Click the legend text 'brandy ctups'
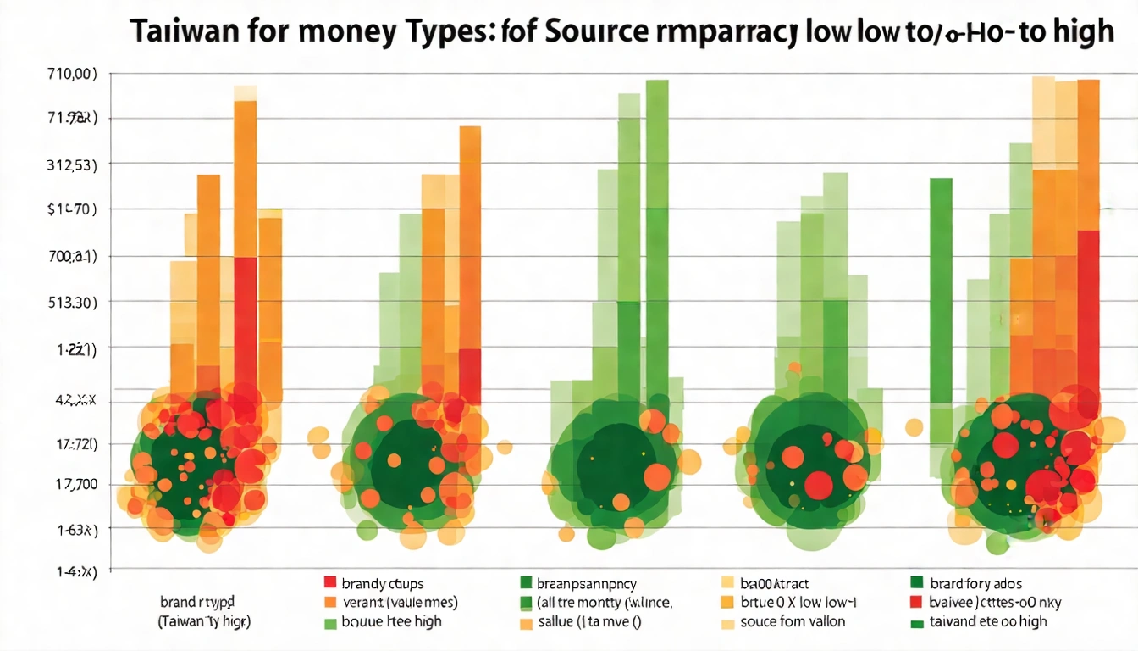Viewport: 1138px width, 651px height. point(383,583)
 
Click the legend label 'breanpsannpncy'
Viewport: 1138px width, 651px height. point(587,583)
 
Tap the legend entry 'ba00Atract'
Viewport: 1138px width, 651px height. point(775,583)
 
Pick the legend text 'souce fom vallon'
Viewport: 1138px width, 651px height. point(793,622)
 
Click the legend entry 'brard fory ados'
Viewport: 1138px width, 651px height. point(975,583)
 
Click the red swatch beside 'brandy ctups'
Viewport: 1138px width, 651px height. point(331,582)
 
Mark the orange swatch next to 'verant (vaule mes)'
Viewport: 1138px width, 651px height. point(331,603)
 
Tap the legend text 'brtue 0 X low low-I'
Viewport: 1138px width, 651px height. point(798,603)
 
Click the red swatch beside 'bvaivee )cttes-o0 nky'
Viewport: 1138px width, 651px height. point(915,603)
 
